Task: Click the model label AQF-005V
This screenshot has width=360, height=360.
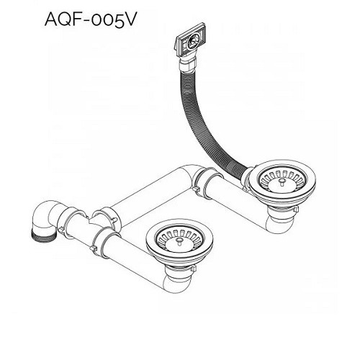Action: click(x=91, y=19)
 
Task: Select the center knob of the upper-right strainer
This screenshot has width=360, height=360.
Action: click(x=282, y=182)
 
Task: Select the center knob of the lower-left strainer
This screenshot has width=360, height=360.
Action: click(x=179, y=241)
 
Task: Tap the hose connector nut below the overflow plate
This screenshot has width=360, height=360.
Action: click(x=188, y=63)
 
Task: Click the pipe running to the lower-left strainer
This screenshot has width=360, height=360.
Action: click(x=135, y=257)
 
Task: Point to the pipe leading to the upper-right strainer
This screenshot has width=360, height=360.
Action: click(x=236, y=202)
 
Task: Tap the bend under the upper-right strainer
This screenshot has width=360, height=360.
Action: click(x=279, y=223)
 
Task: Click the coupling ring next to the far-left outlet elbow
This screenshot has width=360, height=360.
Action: click(x=72, y=221)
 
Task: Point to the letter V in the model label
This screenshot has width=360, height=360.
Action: click(x=129, y=19)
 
